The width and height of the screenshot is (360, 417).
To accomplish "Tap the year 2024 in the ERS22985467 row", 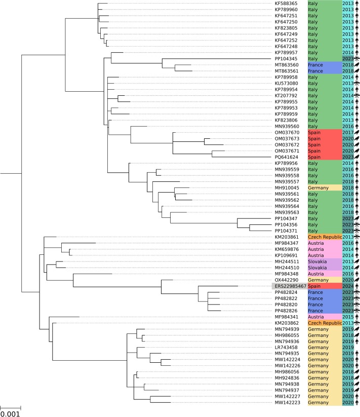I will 348,286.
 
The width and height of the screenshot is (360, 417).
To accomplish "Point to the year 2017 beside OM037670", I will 348,133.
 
